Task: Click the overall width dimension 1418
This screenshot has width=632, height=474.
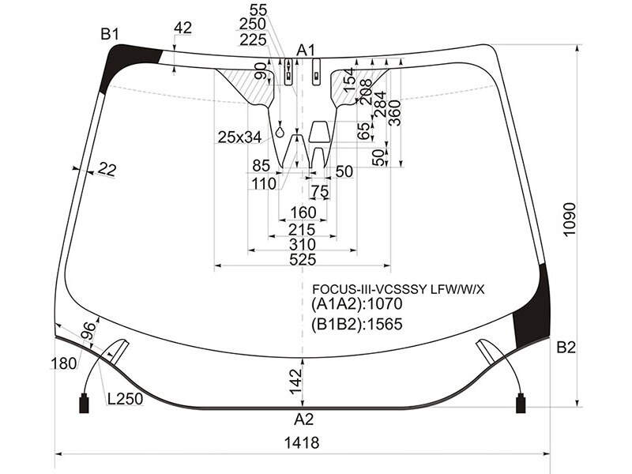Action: pos(302,443)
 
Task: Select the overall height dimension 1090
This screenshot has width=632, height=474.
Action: pos(569,220)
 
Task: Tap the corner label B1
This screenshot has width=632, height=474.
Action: pos(110,34)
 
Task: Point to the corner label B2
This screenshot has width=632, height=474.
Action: pos(566,347)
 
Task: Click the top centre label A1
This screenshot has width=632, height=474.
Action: pos(306,51)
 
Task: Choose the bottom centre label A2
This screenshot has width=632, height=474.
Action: pos(303,419)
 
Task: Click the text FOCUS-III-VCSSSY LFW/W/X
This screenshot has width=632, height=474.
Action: pos(399,289)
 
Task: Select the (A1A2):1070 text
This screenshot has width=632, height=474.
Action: pos(357,304)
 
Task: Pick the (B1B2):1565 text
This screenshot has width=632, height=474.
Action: pos(357,324)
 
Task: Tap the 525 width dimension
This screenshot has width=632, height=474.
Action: pos(303,260)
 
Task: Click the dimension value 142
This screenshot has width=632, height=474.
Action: pos(295,382)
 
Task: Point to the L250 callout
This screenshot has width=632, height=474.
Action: pos(126,399)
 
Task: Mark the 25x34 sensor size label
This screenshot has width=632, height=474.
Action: pos(240,137)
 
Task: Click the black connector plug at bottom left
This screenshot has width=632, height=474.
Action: pos(85,403)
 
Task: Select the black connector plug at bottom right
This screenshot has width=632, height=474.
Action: pos(521,403)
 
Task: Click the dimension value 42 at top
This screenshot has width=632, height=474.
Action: pos(182,28)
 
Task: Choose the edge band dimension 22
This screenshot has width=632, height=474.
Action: pos(107,169)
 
